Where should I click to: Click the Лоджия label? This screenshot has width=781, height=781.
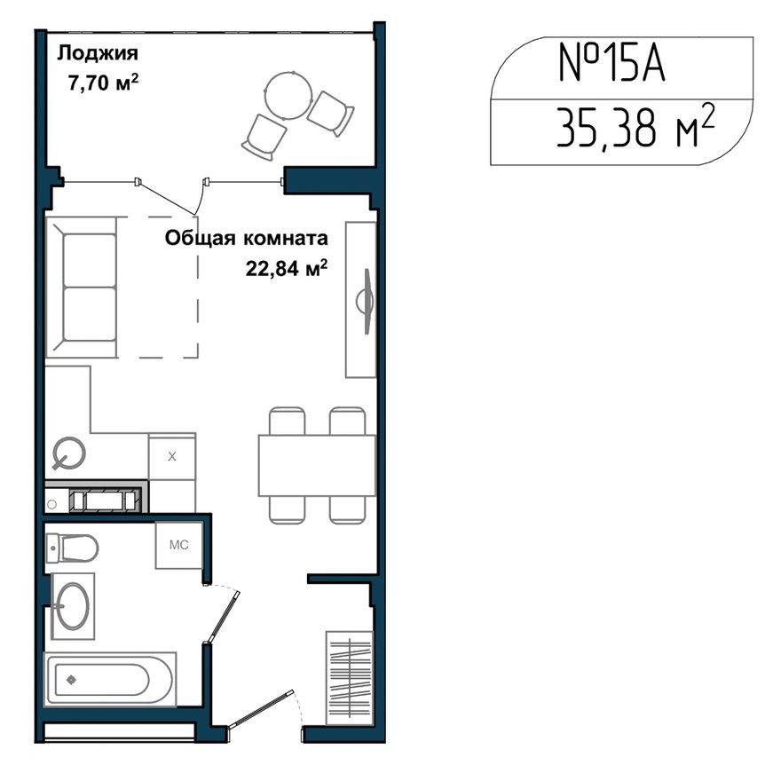point(97,53)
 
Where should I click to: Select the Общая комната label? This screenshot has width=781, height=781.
point(246,238)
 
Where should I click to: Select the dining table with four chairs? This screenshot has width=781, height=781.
point(315,465)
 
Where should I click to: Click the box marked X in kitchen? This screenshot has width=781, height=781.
point(172,457)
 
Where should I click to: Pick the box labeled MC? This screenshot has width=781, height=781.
point(179,544)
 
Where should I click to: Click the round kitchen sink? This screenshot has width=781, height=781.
point(68,454)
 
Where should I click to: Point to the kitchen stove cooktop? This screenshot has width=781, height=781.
point(105,500)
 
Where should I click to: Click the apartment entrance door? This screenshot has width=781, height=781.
point(263,711)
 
